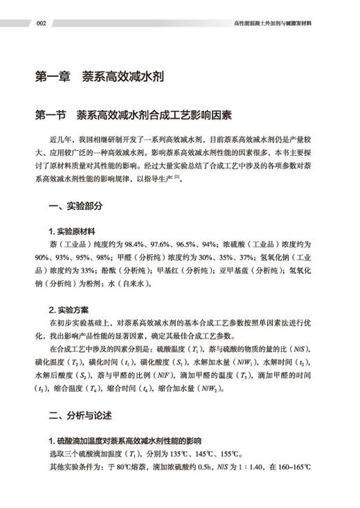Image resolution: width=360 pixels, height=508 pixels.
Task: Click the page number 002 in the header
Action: (x=41, y=23)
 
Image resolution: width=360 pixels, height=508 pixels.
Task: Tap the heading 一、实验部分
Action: (x=76, y=205)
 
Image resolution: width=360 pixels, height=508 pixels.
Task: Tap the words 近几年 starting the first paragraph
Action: (x=61, y=140)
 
